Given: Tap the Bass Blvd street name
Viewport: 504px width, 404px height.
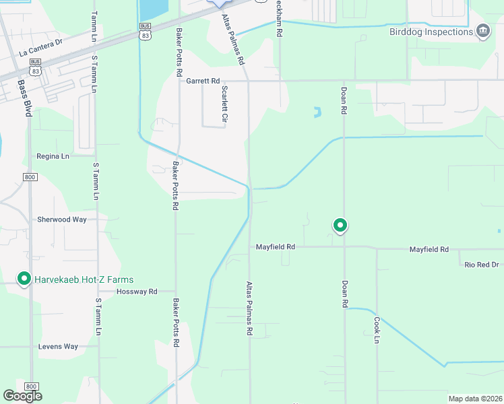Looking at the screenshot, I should coord(26,98).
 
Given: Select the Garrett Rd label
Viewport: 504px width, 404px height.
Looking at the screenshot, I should coord(203,81).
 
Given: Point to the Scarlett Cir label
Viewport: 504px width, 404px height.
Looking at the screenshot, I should coord(224,104).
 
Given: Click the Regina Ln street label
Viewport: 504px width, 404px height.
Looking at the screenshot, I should coord(53,156).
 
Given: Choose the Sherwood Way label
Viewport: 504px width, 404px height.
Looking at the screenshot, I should coord(62,220).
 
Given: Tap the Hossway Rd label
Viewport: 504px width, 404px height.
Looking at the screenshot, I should coord(137,292).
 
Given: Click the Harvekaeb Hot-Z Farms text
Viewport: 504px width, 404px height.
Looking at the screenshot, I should coord(84,279).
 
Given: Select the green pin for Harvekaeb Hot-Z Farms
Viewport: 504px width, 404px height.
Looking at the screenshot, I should coord(24,278).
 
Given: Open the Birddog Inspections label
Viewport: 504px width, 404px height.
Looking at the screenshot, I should coord(431,32).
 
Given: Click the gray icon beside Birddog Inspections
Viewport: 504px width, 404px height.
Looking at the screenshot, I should coord(482,31).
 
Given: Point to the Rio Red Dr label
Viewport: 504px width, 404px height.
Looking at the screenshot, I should coord(482,265).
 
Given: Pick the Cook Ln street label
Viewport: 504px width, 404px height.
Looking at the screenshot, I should coord(377,331).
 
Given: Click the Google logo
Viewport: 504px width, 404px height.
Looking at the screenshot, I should coord(23,396).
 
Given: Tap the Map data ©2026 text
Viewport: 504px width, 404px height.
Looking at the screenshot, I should coord(475,399).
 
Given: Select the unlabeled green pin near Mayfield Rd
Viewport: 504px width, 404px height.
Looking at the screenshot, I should coord(340,225).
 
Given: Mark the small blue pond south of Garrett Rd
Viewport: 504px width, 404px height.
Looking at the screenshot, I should coord(316,112).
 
